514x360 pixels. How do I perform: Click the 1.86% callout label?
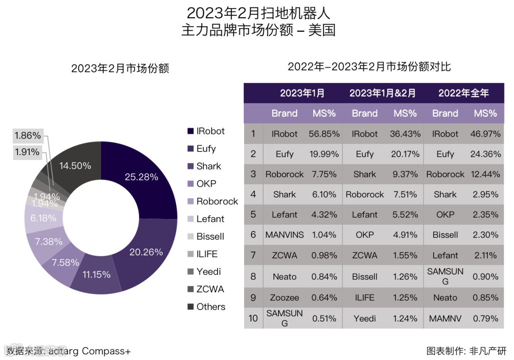[x=28, y=136]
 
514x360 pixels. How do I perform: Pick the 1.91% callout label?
[x=28, y=153]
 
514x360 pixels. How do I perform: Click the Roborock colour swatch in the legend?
[x=190, y=201]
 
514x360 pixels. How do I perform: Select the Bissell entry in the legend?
[x=210, y=237]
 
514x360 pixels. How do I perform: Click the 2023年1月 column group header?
[x=302, y=93]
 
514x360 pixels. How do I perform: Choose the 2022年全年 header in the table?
[x=464, y=93]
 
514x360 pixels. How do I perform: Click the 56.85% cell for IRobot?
[x=324, y=134]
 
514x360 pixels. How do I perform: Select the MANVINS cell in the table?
[x=285, y=235]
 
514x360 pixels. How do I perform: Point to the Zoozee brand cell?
[x=285, y=298]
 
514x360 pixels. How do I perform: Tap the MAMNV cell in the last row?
[x=445, y=318]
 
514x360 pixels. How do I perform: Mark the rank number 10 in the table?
[x=253, y=318]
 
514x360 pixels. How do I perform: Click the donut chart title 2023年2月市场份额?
[x=120, y=69]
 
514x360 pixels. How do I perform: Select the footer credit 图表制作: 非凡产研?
[x=466, y=351]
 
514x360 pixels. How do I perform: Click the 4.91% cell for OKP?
[x=405, y=235]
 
